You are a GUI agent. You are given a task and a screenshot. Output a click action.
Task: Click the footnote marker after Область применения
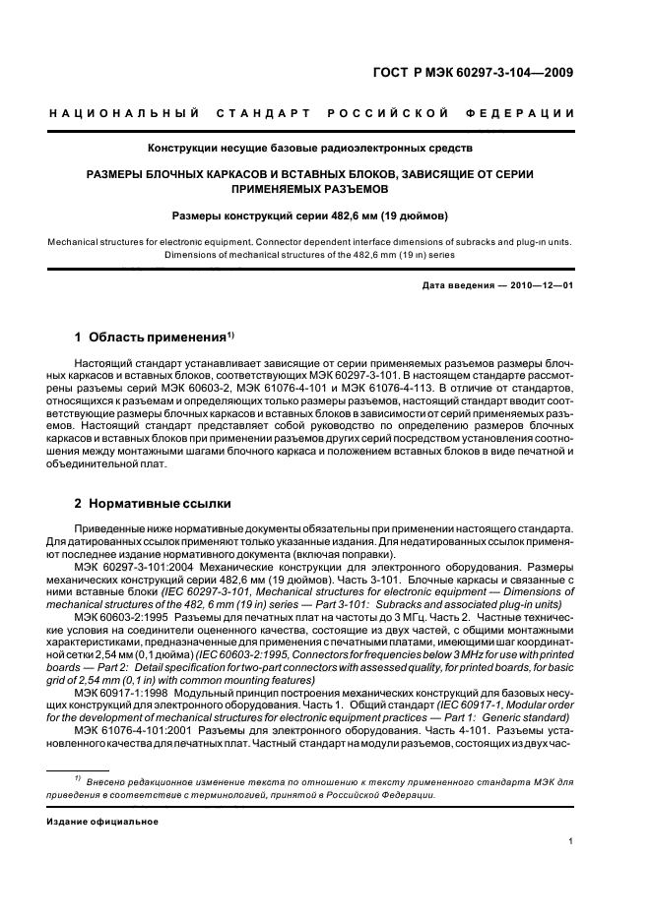[229, 334]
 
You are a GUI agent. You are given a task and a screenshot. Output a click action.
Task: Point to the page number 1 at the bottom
[571, 840]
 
